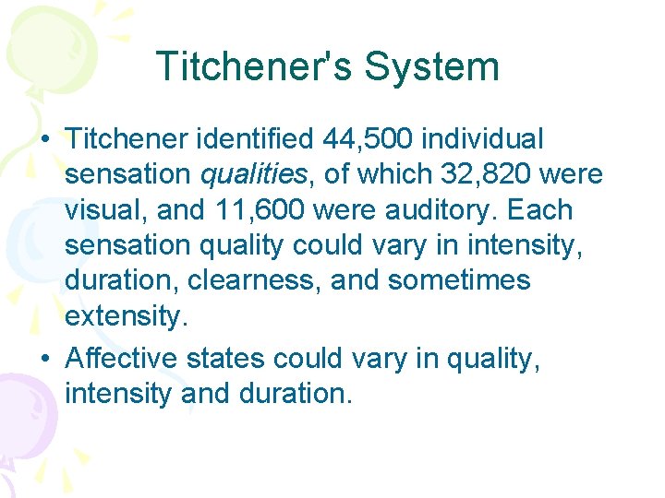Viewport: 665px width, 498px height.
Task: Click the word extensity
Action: click(126, 315)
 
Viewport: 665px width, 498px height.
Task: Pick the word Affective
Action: click(120, 359)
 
